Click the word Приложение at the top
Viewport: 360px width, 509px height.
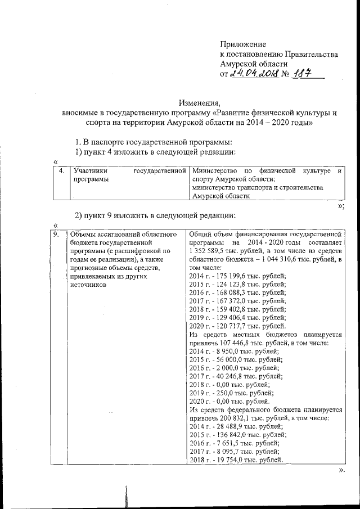pyautogui.click(x=242, y=44)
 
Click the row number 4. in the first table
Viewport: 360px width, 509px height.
pyautogui.click(x=61, y=170)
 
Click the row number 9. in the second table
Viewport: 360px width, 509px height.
pyautogui.click(x=56, y=233)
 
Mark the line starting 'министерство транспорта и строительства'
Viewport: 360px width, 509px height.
pyautogui.click(x=256, y=187)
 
